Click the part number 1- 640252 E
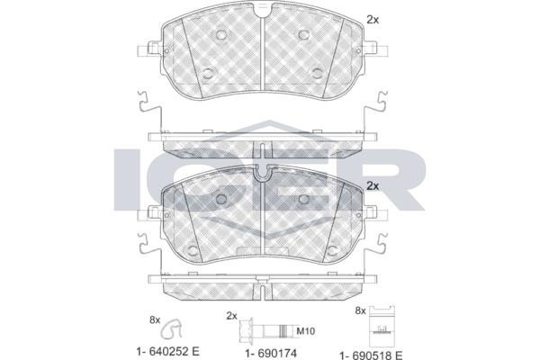pos(167,352)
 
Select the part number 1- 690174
pos(271,353)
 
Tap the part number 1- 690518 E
pos(371,355)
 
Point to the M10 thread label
pos(306,331)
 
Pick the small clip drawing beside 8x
pos(171,328)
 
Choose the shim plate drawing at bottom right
pos(382,327)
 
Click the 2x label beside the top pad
pos(373,20)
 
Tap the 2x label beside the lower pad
pos(373,186)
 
